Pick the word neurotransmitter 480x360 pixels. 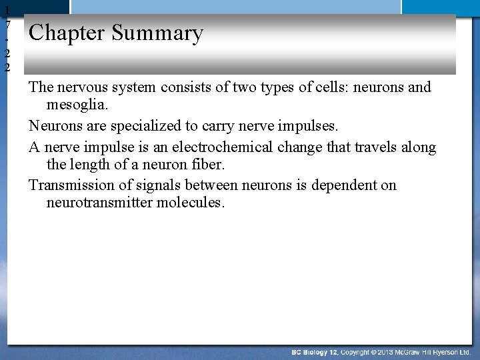(x=99, y=202)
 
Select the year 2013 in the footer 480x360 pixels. (x=383, y=351)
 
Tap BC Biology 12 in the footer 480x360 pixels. (x=315, y=351)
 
